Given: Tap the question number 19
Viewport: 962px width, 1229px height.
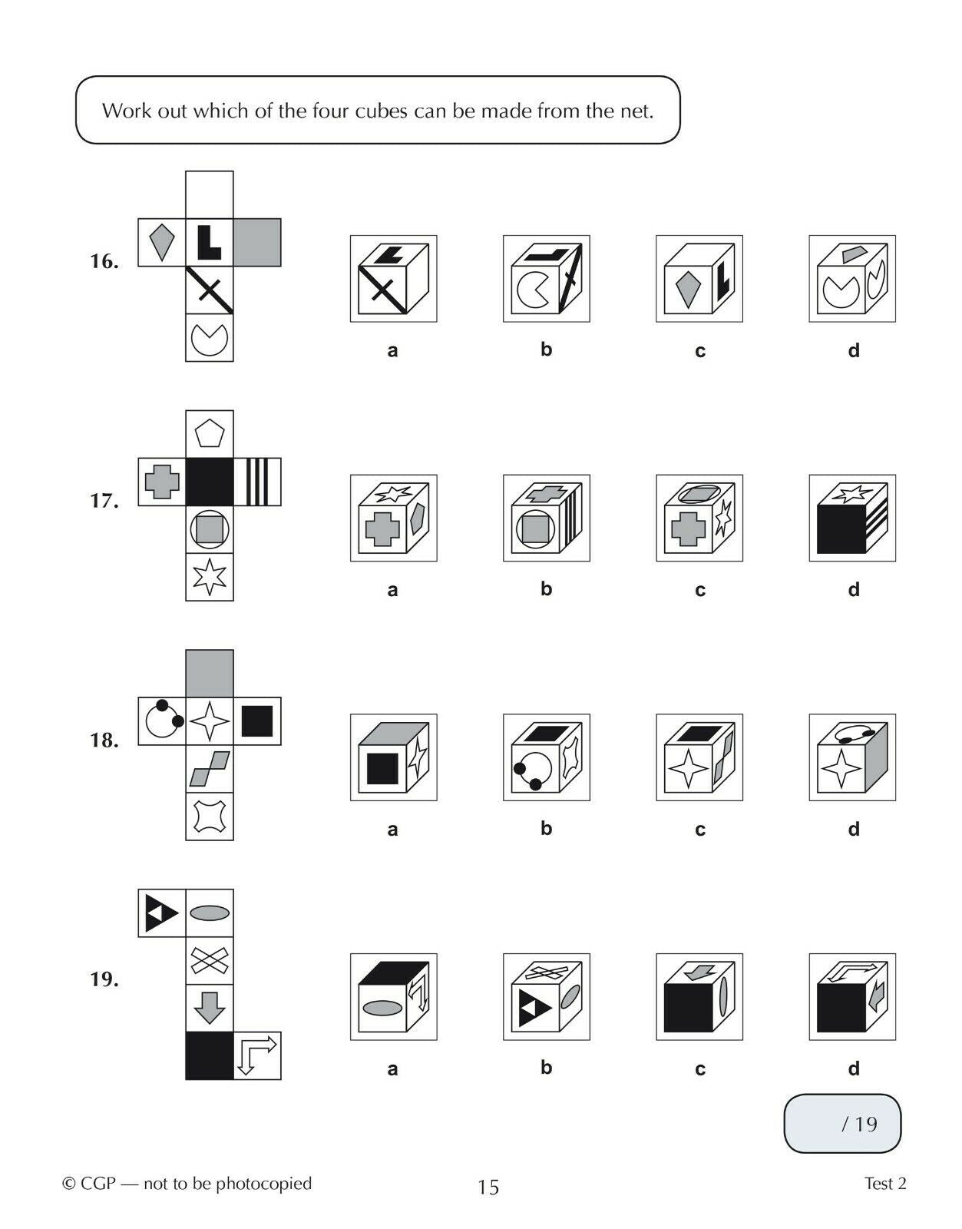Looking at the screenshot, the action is tap(104, 979).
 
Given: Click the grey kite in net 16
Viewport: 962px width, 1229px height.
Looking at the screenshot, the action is tap(161, 242).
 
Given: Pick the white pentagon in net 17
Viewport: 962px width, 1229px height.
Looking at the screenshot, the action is tap(210, 434).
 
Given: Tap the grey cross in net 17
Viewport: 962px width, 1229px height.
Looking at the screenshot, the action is tap(162, 482).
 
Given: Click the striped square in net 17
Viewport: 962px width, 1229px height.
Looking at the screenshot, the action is tap(257, 482).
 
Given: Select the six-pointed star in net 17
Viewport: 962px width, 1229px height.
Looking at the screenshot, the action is tap(210, 577).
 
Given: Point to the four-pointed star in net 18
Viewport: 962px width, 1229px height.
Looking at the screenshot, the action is tap(210, 721).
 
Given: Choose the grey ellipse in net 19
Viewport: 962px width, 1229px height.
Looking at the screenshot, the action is tap(210, 913).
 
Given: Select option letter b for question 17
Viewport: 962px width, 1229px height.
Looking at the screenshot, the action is tap(546, 588).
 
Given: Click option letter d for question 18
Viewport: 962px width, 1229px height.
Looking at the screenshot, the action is tap(854, 829).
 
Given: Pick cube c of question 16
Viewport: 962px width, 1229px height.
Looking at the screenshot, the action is tap(699, 279).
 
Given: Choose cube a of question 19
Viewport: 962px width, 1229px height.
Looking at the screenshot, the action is tap(393, 997).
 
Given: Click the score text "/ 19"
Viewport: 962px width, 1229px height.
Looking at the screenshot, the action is tap(859, 1124).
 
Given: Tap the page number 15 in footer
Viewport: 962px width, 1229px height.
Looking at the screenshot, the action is tap(488, 1187).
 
